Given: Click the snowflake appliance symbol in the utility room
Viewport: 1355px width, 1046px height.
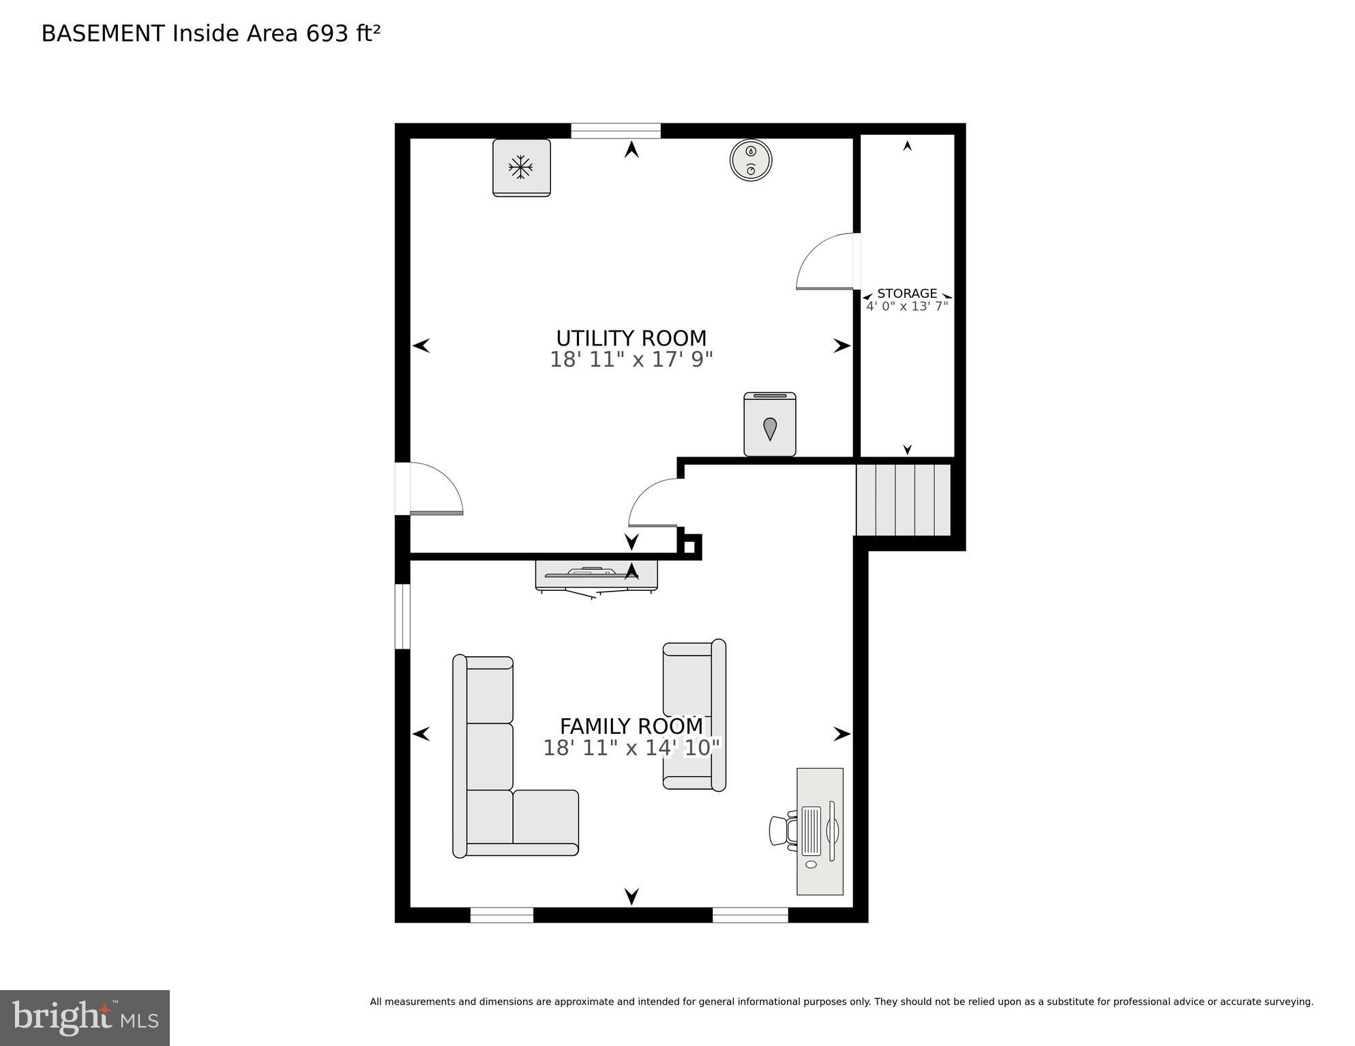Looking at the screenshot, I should point(521,168).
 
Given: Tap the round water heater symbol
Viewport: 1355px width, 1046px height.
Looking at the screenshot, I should point(750,161).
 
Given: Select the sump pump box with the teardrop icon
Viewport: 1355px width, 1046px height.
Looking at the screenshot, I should point(769,425).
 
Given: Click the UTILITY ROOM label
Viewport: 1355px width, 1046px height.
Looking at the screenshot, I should point(631,338).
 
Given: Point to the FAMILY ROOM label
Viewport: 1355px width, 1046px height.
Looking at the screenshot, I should point(631,726).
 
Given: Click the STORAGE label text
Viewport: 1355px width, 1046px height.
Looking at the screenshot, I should point(906,294).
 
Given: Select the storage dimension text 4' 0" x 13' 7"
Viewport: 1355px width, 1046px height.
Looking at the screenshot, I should point(906,307).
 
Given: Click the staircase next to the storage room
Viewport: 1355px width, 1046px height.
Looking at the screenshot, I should point(903,499).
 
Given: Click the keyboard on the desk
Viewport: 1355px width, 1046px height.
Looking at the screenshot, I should point(811,831).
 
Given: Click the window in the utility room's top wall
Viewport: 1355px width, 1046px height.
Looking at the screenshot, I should point(615,130).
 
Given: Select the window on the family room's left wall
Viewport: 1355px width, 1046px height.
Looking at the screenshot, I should point(402,616).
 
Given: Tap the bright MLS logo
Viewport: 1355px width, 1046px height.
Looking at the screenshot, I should point(85,1017).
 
